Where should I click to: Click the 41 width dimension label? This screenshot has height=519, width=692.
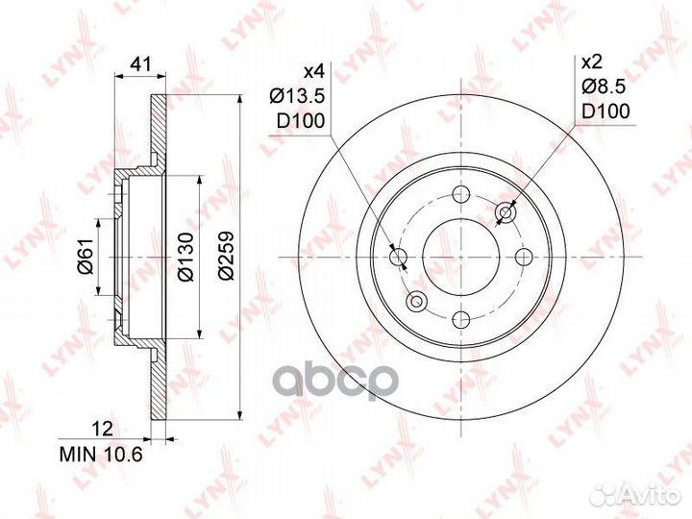(141, 64)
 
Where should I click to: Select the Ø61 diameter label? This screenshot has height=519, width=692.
(86, 256)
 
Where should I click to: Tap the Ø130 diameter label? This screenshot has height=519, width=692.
(185, 257)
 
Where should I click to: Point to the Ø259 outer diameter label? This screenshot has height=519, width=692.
(226, 255)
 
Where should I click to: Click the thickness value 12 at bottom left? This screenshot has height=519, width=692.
(103, 429)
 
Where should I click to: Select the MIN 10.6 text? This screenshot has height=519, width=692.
(101, 454)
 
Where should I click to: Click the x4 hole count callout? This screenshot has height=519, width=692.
(314, 70)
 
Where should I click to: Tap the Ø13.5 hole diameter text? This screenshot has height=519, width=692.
(297, 95)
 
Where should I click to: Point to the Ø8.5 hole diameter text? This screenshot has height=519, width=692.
(604, 86)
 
